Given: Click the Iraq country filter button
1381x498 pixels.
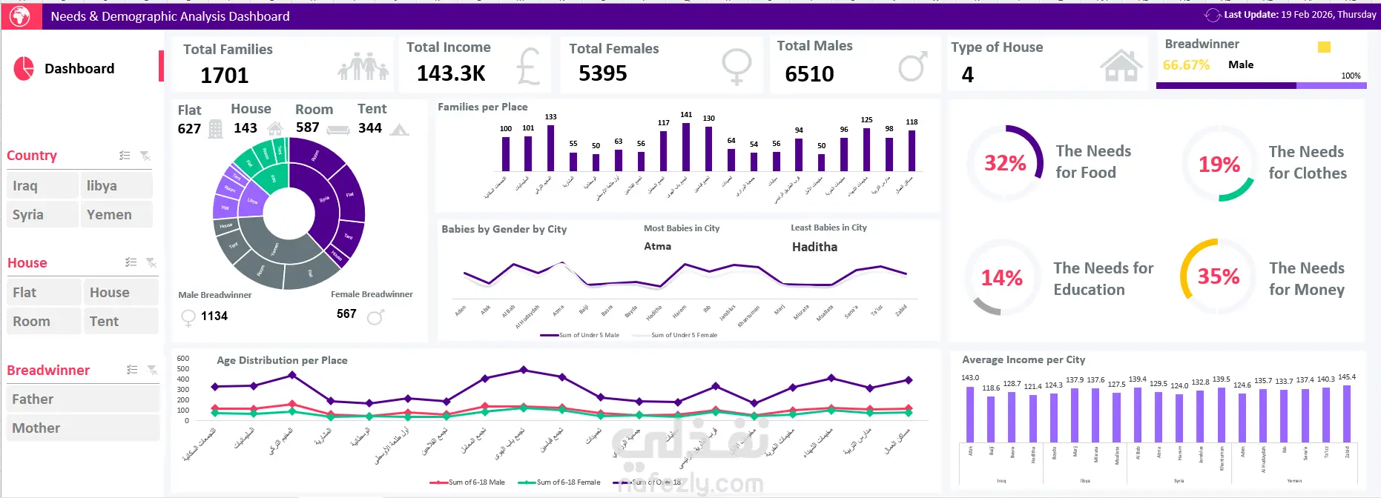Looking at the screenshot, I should (42, 186).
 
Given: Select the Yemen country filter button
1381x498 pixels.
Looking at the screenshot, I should (116, 215).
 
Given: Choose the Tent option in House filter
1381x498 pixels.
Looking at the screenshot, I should (120, 322).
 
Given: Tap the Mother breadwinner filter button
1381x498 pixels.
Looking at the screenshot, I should (82, 428).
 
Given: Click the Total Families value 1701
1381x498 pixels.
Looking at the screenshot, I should (224, 76).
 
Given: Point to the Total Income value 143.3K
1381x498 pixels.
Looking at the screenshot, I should (451, 73).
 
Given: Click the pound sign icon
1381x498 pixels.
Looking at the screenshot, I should (528, 67).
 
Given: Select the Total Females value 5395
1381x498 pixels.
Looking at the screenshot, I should (602, 73).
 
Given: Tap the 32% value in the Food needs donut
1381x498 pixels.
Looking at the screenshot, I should (1005, 163).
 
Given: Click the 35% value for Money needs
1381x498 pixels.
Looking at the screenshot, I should (1218, 276).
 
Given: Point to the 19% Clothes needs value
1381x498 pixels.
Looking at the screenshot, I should (1219, 165).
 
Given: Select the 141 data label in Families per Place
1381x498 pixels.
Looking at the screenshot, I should (686, 115).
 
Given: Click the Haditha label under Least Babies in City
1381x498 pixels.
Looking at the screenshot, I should (814, 247).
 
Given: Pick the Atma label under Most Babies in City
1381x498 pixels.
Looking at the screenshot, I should (657, 246).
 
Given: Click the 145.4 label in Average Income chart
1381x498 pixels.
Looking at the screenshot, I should (1346, 377).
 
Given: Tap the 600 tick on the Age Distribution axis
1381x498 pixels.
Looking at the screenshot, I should (183, 359).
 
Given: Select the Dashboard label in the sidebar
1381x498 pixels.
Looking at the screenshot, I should (79, 69).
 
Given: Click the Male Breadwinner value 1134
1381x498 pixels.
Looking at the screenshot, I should (214, 316).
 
